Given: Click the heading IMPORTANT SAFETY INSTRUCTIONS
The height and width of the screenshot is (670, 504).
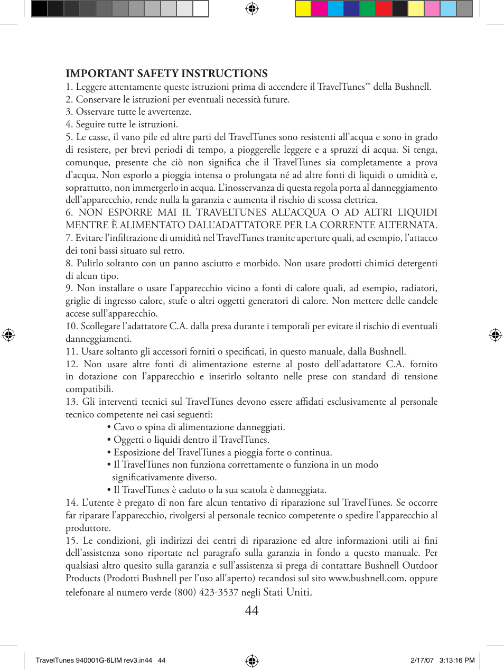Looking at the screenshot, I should (x=166, y=73).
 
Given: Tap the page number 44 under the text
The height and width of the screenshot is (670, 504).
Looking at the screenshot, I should (x=252, y=611).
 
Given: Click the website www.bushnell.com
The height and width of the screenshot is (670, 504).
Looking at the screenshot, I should (x=366, y=578).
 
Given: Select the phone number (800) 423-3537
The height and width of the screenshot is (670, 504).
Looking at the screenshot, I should (x=206, y=592).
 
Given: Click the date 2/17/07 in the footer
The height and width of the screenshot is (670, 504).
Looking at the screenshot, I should (x=422, y=660).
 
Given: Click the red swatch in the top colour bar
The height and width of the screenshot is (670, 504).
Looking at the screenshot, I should (x=384, y=8).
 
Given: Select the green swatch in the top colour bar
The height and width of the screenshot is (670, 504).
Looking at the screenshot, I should (x=367, y=8).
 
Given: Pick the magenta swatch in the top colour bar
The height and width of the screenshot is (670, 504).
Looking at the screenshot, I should (x=319, y=8).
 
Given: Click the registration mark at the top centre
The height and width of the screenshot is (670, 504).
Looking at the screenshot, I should (x=252, y=8).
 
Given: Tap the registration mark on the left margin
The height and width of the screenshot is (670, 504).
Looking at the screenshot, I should (x=8, y=334).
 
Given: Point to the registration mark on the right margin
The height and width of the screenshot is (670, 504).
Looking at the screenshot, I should (x=495, y=334).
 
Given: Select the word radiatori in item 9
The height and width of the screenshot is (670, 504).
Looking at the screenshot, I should (x=417, y=288).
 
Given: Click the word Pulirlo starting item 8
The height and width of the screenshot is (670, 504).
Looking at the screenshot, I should (x=90, y=263).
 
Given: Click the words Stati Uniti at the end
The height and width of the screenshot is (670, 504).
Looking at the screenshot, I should (x=287, y=592).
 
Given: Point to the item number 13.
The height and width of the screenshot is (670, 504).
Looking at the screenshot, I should (x=71, y=402).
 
